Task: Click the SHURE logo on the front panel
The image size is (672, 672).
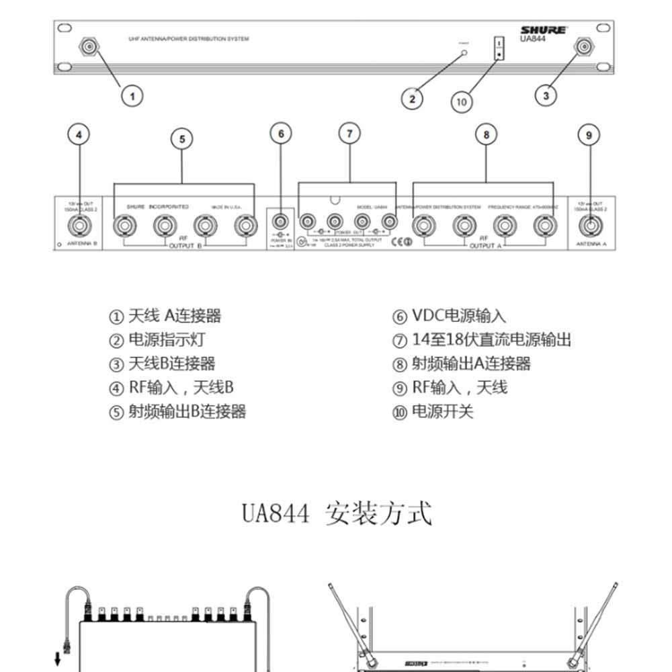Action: pos(544,30)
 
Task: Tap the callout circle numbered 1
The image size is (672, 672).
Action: pos(132,95)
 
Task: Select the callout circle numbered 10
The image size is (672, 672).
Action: pos(462,101)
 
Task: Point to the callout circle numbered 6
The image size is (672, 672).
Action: pos(281,134)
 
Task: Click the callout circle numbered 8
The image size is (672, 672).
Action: pos(487,134)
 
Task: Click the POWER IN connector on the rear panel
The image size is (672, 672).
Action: pos(280,220)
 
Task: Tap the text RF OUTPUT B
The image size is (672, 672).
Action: pos(181,243)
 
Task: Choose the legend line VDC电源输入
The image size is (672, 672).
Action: pos(450,316)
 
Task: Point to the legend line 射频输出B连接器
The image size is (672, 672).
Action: pos(177,411)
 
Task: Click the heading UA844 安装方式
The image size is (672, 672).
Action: pos(337,514)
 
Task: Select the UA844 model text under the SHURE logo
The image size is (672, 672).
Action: pos(534,38)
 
